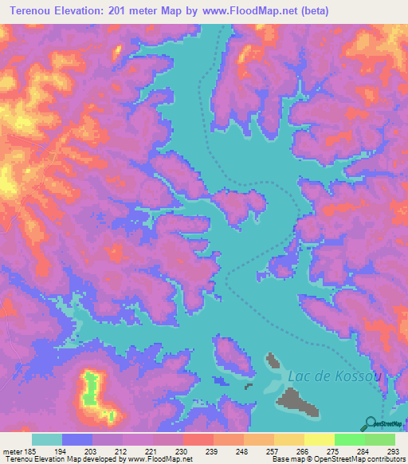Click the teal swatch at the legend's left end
[46, 438]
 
